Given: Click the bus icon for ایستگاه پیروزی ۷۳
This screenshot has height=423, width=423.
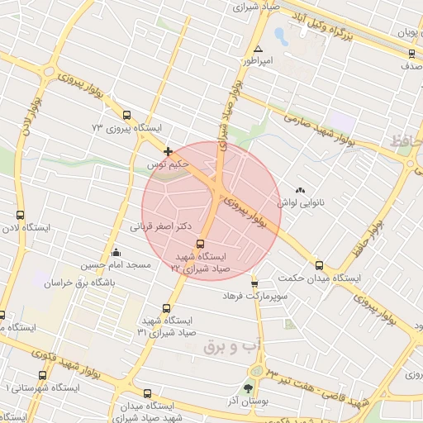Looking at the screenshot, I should tap(126, 116).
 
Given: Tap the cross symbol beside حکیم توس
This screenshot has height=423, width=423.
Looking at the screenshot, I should tap(169, 151).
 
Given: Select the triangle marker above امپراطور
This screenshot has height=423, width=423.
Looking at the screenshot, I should tap(259, 49).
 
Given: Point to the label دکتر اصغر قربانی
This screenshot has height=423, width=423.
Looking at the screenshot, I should tap(161, 225).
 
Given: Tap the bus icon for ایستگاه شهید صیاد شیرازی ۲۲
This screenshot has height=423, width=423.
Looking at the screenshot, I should tap(200, 244).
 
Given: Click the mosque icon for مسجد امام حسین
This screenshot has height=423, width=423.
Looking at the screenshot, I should tap(116, 253).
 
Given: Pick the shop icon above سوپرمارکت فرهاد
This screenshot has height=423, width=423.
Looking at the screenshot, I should tap(254, 282).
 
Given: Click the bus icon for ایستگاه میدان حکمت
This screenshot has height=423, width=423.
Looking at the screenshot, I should tap(319, 266).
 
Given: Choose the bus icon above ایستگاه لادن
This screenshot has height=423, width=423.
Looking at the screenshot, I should tap(20, 215).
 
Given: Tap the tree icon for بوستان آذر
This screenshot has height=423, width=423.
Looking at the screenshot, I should tap(248, 388).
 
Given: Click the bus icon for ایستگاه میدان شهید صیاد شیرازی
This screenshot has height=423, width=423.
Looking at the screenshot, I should tap(147, 394).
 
